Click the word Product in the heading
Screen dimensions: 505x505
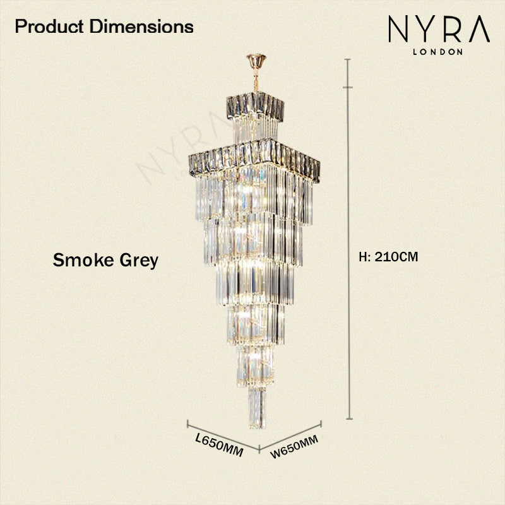tap(49, 27)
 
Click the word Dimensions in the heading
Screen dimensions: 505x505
tap(141, 27)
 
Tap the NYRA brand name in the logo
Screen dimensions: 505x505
tap(439, 29)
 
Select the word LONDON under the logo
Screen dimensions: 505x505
tap(437, 52)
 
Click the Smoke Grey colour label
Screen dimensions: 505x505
tap(105, 260)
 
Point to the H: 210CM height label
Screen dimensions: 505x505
tap(388, 257)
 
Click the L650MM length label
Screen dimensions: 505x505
tap(219, 445)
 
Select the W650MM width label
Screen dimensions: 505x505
tap(294, 446)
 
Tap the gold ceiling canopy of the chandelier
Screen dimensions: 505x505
tap(256, 61)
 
